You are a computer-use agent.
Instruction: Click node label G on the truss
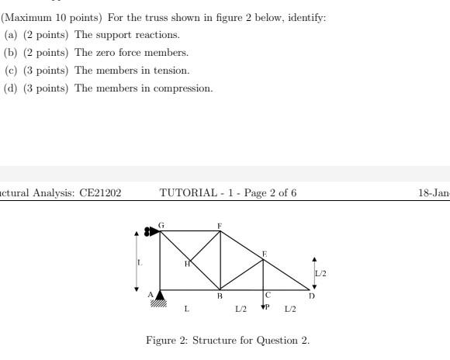click(161, 225)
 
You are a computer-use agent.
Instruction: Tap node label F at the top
click(220, 226)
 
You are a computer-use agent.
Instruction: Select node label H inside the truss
click(187, 264)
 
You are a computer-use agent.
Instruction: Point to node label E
click(264, 254)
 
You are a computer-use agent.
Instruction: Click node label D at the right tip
click(311, 296)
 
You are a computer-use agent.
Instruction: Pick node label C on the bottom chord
click(268, 295)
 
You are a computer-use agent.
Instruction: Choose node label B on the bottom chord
click(220, 296)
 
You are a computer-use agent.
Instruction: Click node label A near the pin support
click(151, 295)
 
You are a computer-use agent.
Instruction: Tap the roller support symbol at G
click(151, 230)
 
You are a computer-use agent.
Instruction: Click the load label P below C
click(268, 307)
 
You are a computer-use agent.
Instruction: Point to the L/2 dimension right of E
click(320, 273)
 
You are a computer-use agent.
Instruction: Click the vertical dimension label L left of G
click(140, 262)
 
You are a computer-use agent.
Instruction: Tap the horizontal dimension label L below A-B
click(186, 309)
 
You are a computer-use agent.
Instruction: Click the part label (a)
click(11, 35)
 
